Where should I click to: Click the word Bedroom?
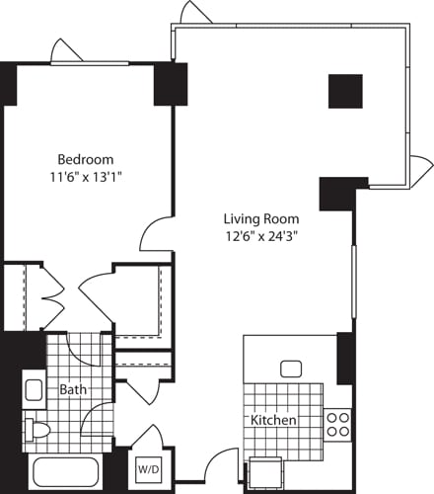85,159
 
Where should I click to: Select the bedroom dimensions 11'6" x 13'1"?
85,177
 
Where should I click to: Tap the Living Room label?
260,218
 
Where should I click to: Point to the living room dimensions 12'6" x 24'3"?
260,236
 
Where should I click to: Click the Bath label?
73,389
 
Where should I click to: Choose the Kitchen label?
273,420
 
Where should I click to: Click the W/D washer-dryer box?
148,468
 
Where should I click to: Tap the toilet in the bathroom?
37,430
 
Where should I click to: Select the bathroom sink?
33,388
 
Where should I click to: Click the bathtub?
65,473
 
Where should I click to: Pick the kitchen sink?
291,369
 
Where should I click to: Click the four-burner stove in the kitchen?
337,424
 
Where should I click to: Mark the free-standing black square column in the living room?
345,91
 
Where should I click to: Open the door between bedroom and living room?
156,235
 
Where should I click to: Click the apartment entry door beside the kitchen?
222,469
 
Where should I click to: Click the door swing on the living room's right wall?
421,166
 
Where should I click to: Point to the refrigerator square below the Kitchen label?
264,472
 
